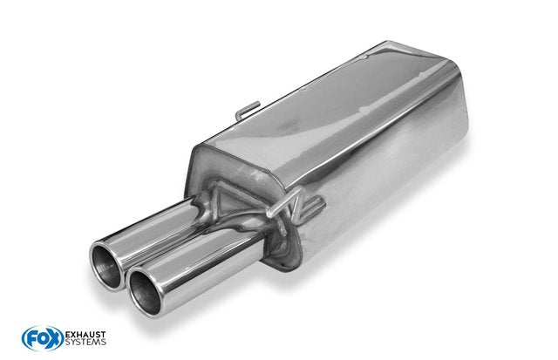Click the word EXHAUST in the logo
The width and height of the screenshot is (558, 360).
click(85, 335)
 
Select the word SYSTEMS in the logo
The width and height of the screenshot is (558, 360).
click(85, 343)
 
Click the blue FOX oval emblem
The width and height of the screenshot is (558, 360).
click(43, 338)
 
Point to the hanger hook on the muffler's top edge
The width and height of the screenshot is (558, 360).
click(247, 111)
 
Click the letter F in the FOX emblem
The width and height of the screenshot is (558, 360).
click(31, 339)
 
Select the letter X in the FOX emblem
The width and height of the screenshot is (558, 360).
click(54, 339)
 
